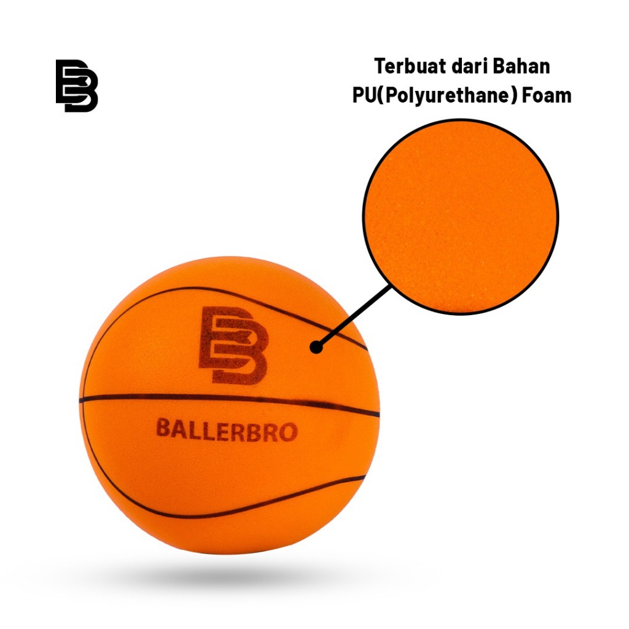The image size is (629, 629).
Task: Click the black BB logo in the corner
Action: (x=77, y=85)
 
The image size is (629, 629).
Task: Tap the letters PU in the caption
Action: (x=363, y=95)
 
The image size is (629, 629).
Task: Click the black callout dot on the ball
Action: (x=316, y=347)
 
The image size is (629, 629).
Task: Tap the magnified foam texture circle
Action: (x=460, y=216)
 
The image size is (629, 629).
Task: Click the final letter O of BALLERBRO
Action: (x=289, y=433)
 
